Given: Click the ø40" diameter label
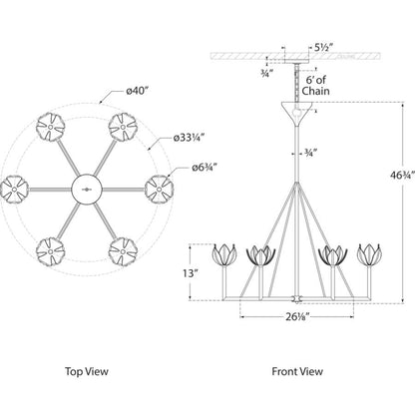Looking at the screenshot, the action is (x=137, y=91).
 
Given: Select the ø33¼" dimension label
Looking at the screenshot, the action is (x=189, y=138).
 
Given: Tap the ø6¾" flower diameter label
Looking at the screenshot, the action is (x=205, y=168).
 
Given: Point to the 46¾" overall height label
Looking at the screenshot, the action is (x=403, y=176).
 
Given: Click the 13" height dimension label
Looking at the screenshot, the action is (x=191, y=273).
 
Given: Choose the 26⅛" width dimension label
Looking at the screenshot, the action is (x=297, y=317).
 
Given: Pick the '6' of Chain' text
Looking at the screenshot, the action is (x=315, y=85).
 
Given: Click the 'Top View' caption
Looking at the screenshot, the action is (x=87, y=371).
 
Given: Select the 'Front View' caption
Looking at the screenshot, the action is (x=297, y=371).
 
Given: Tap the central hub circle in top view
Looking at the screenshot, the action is (x=87, y=189).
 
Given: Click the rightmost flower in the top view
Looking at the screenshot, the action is (x=159, y=190).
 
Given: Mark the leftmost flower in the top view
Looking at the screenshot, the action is (x=14, y=189).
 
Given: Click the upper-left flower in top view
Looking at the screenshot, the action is (x=50, y=127).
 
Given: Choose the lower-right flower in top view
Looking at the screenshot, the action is (x=123, y=251).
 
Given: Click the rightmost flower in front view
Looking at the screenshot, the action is (x=369, y=254).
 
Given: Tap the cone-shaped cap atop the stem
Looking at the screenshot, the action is (x=297, y=112).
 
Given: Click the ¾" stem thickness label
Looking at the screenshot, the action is (x=309, y=153).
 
